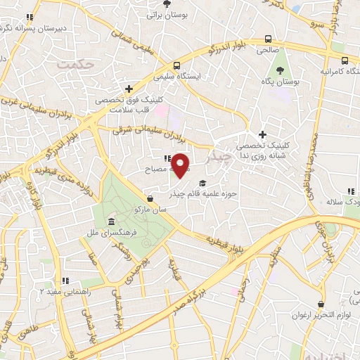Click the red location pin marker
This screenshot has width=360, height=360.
click(181, 165)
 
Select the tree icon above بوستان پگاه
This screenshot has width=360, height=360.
click(281, 70)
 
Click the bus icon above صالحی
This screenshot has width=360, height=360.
click(268, 39)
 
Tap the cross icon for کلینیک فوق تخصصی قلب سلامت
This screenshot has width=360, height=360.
click(129, 89)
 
